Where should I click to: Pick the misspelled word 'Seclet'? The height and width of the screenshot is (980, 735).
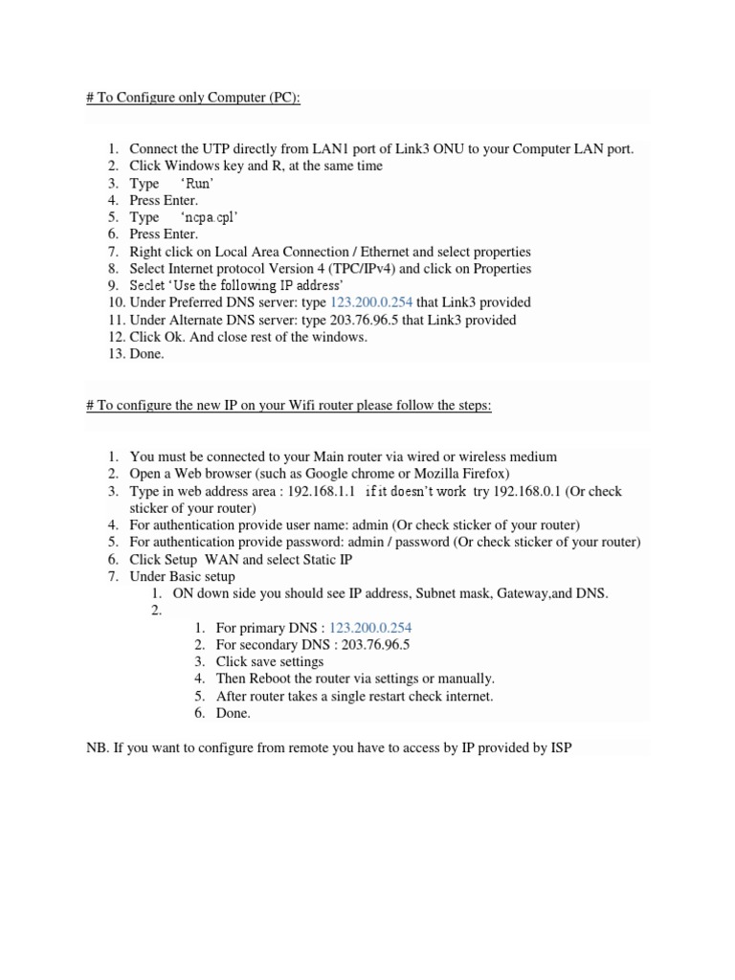pyautogui.click(x=148, y=285)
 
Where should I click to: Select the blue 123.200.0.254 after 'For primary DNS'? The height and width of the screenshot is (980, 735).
pyautogui.click(x=370, y=628)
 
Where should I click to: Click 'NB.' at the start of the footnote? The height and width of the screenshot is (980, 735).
pyautogui.click(x=98, y=747)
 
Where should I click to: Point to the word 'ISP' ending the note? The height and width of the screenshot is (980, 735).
pyautogui.click(x=560, y=747)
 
